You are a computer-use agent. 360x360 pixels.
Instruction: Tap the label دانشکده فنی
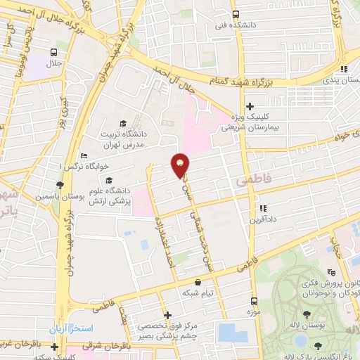[235, 25]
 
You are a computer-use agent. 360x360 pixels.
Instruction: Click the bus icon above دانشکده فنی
[235, 14]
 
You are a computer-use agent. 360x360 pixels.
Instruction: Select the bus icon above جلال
[54, 52]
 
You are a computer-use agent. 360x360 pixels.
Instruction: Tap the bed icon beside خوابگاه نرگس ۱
[84, 155]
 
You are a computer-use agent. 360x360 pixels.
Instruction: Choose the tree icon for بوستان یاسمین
[61, 186]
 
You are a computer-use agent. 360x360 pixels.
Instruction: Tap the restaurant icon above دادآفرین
[263, 208]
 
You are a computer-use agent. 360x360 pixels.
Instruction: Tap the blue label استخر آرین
[67, 329]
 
